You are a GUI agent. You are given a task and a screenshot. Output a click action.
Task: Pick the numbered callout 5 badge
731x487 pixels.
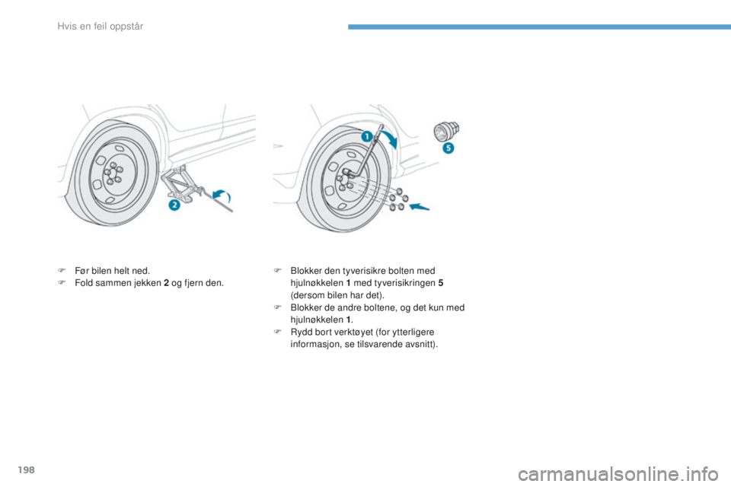(x=448, y=147)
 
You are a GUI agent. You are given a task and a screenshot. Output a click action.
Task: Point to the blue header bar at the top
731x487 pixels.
(x=538, y=27)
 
